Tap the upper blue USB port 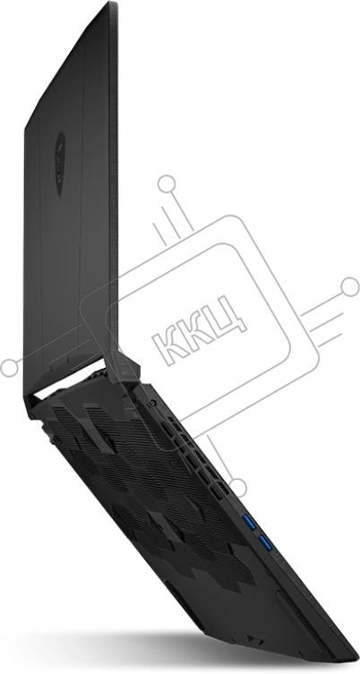tap(250, 522)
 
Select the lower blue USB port tap(265, 543)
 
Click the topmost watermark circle tap(167, 184)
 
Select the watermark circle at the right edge tap(349, 286)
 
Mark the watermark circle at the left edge tap(9, 368)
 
